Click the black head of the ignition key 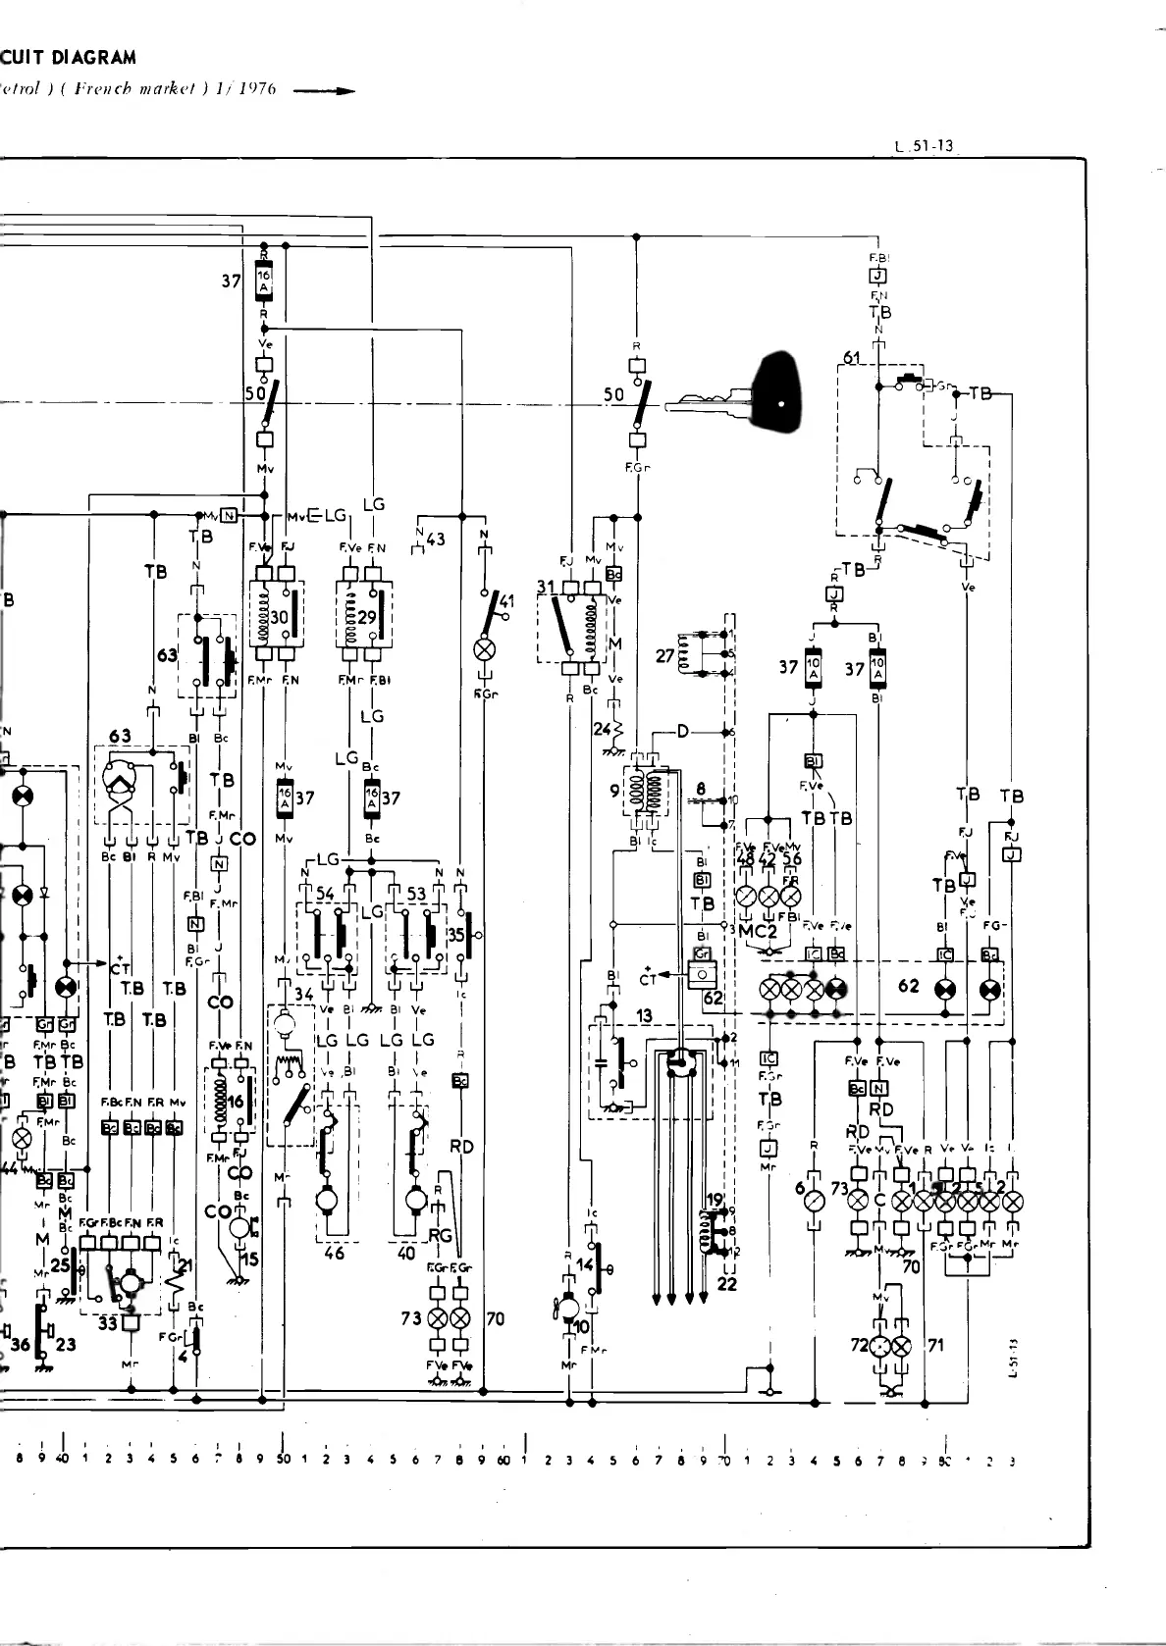point(775,392)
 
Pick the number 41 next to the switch point(506,600)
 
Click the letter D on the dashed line point(683,731)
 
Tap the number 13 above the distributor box point(644,1016)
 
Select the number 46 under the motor point(335,1253)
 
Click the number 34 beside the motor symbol point(304,995)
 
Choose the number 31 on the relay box point(546,587)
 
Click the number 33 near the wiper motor point(107,1323)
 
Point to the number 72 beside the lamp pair point(860,1344)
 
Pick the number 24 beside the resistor point(602,729)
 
